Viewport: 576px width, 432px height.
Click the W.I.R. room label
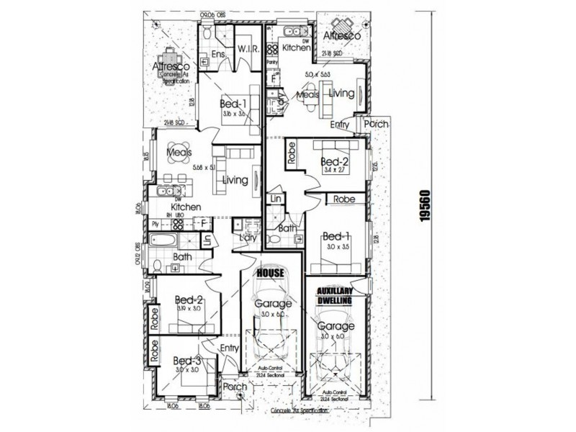245,50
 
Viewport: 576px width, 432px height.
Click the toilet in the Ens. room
207,33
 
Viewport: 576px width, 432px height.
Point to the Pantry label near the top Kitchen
273,63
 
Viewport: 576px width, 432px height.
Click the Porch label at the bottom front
235,387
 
